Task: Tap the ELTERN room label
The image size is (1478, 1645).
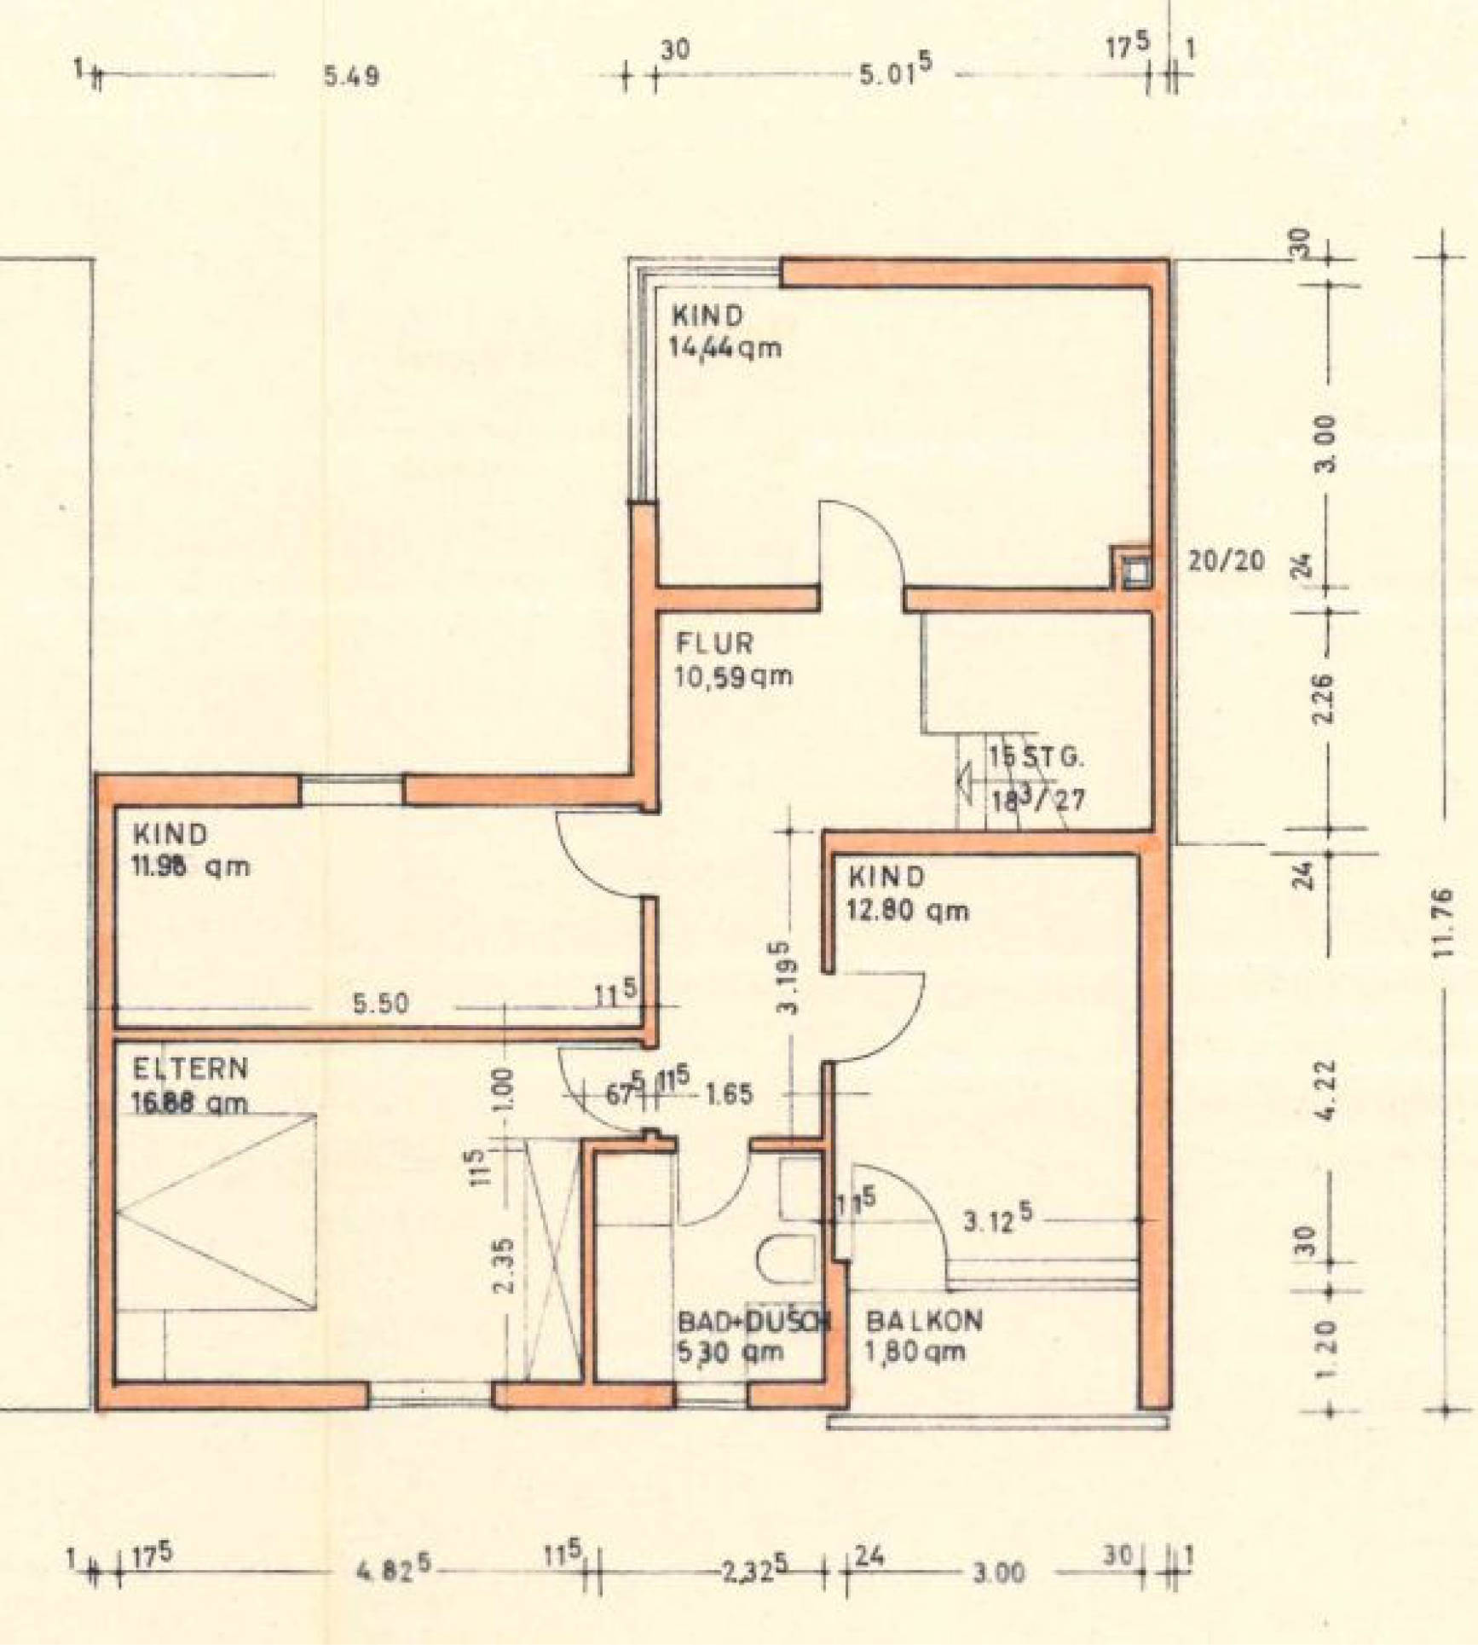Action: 190,1069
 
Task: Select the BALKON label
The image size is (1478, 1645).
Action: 924,1321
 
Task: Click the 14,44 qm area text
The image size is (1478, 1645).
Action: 725,348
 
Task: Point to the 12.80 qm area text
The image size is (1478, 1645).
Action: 908,911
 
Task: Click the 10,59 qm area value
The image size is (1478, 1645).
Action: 733,676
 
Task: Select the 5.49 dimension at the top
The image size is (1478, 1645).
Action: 351,77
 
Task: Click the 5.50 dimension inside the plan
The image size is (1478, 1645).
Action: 380,1003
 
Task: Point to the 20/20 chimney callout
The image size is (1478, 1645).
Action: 1226,561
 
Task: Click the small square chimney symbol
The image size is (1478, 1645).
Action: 1134,568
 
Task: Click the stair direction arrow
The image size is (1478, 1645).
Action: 967,779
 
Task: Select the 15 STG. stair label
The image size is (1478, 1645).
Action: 1036,756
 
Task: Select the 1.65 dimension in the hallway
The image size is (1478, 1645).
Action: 729,1094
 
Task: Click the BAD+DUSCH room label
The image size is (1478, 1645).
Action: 753,1321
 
